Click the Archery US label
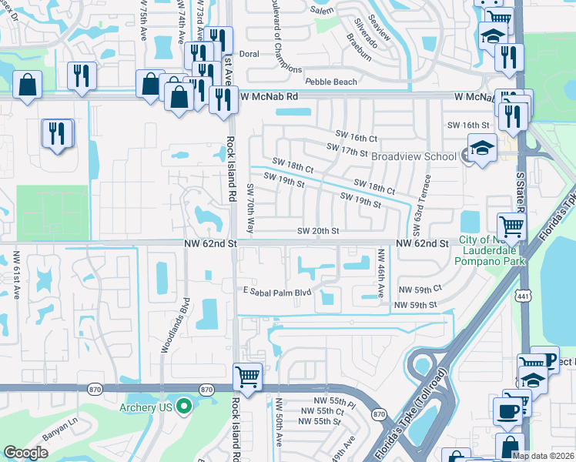(x=143, y=407)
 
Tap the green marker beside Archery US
(x=183, y=407)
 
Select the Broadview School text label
(x=414, y=156)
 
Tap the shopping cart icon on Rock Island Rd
(x=247, y=377)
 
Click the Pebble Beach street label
(x=331, y=82)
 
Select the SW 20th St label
(x=319, y=231)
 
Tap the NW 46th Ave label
(x=380, y=272)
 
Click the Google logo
(x=25, y=453)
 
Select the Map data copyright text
(x=543, y=456)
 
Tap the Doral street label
(x=248, y=55)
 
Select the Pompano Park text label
(x=494, y=261)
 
